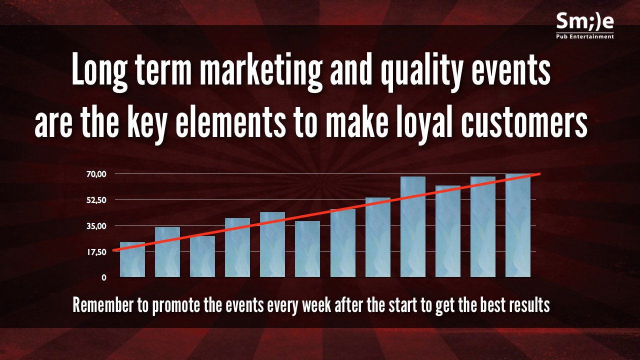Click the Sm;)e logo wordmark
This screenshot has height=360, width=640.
click(x=585, y=22)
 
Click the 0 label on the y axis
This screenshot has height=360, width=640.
click(x=104, y=277)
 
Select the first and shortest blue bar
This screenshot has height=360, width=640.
click(x=132, y=259)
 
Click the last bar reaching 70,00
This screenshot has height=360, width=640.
click(x=517, y=225)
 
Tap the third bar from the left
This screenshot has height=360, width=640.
click(x=202, y=256)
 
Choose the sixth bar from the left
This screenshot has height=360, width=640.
click(x=307, y=249)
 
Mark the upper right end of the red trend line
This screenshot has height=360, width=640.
click(x=540, y=173)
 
